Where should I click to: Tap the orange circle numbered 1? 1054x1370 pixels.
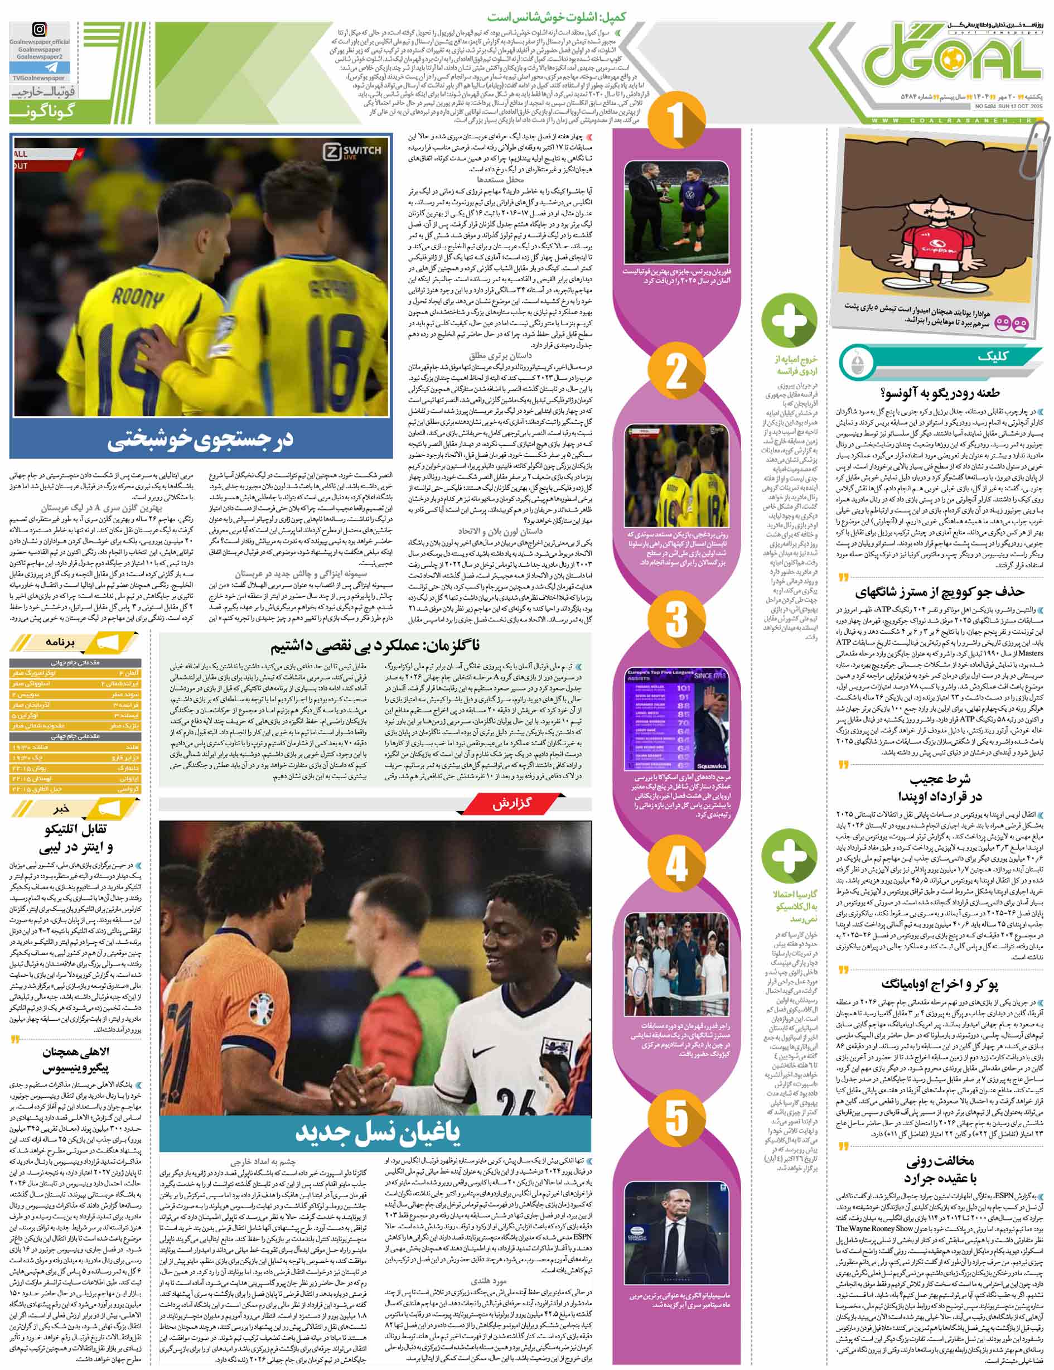(676, 122)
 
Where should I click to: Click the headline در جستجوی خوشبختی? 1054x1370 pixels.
(201, 439)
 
